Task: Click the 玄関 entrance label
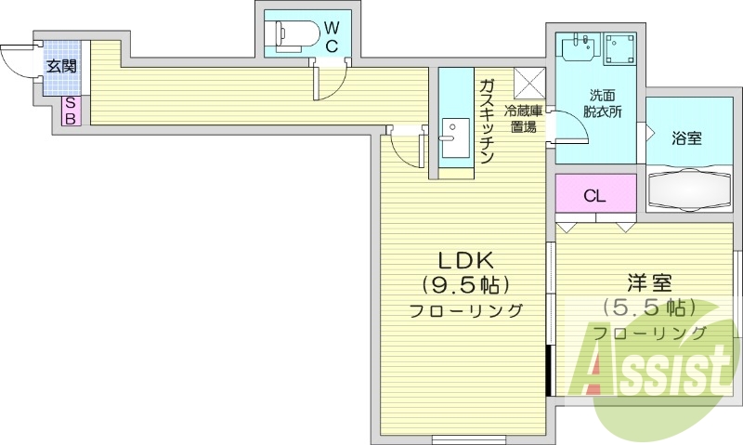(x=62, y=66)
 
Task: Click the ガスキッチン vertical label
(x=486, y=121)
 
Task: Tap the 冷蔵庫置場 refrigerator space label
(x=521, y=118)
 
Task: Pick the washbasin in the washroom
(x=578, y=46)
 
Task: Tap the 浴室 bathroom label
(x=686, y=137)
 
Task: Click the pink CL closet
(x=595, y=195)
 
